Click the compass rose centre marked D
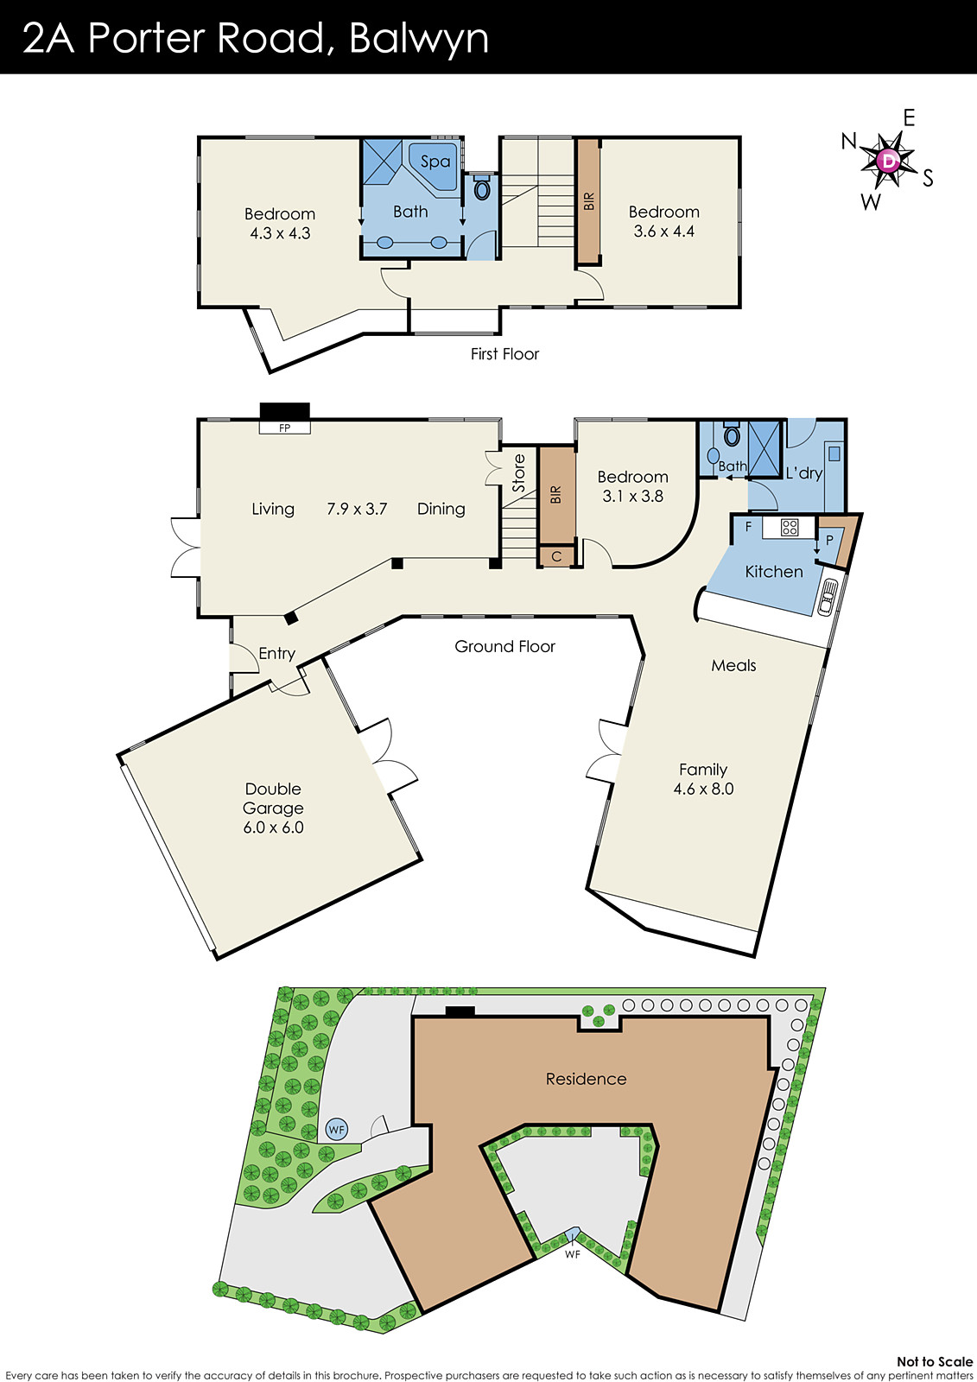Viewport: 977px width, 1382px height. tap(888, 161)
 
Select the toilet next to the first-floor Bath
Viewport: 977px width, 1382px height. tap(482, 188)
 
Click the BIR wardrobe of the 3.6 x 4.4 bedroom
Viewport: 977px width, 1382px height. tap(589, 201)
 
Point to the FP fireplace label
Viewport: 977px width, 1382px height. tap(284, 428)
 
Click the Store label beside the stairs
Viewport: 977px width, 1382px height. tap(518, 473)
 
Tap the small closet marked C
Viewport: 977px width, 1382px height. tap(557, 556)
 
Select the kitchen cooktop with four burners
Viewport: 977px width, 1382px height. tap(790, 527)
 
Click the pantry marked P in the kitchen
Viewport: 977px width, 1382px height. tap(830, 541)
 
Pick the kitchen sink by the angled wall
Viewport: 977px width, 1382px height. tap(828, 596)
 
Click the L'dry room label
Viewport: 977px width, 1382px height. tap(803, 473)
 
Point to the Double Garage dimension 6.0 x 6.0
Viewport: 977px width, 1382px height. tap(273, 827)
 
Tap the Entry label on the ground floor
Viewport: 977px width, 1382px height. tap(276, 654)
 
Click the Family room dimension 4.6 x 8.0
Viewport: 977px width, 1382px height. tap(703, 789)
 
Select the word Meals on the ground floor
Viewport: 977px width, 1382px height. tap(733, 665)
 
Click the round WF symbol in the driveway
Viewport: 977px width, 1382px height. tap(336, 1129)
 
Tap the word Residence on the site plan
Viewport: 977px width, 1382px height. tap(586, 1079)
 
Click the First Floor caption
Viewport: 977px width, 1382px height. tap(504, 354)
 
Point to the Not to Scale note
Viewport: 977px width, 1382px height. tap(934, 1361)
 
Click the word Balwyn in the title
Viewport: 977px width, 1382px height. tap(419, 39)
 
